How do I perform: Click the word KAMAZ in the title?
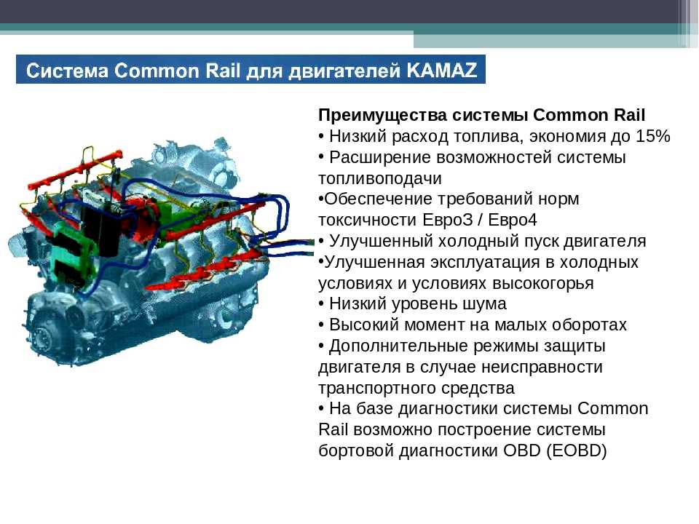click(x=441, y=71)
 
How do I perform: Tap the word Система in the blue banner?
click(x=67, y=71)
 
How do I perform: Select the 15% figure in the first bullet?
click(x=653, y=136)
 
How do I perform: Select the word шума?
click(x=485, y=304)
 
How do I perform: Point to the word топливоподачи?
click(x=380, y=178)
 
